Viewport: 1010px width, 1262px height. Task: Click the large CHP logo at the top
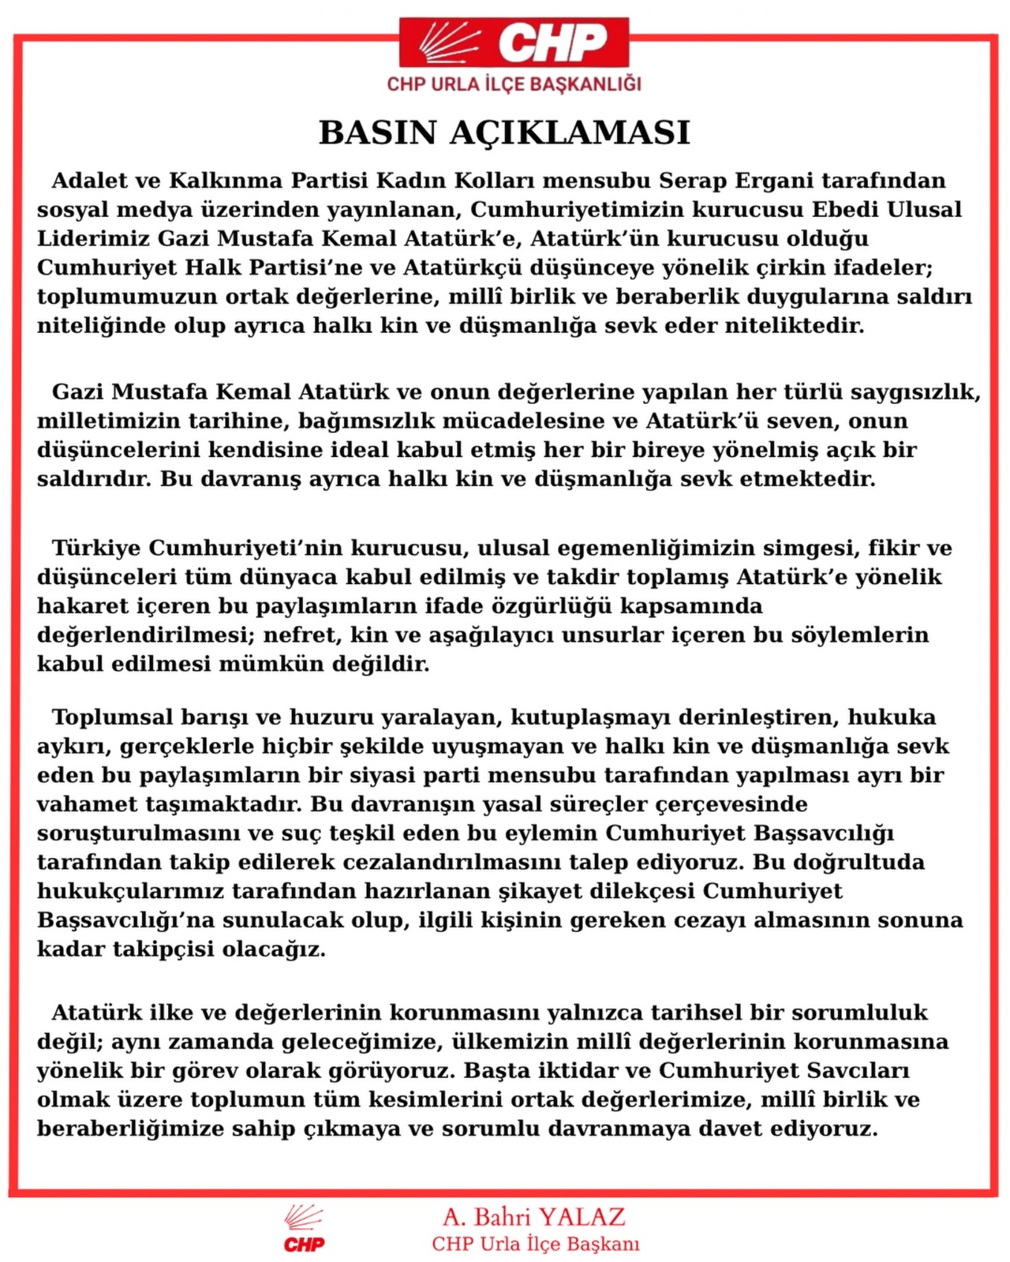514,42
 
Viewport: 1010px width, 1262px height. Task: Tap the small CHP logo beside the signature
304,1230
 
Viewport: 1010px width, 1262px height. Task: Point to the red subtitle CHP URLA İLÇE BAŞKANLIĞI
514,84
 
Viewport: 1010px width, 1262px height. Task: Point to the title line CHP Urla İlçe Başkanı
535,1244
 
